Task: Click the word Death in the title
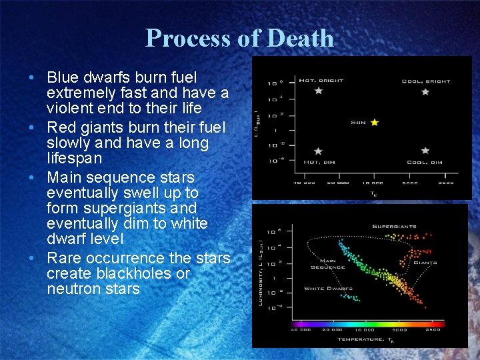click(x=299, y=38)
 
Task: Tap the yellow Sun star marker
click(x=375, y=123)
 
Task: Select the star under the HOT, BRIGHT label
click(x=318, y=91)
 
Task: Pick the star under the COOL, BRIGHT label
click(x=425, y=91)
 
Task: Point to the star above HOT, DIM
click(x=318, y=151)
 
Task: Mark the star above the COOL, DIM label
click(x=425, y=151)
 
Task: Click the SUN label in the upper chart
click(x=359, y=123)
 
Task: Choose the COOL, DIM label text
click(x=425, y=163)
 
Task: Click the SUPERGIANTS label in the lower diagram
click(x=394, y=227)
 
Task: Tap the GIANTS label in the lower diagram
click(x=425, y=263)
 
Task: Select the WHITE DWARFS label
click(x=328, y=289)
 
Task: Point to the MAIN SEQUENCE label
click(x=327, y=264)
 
